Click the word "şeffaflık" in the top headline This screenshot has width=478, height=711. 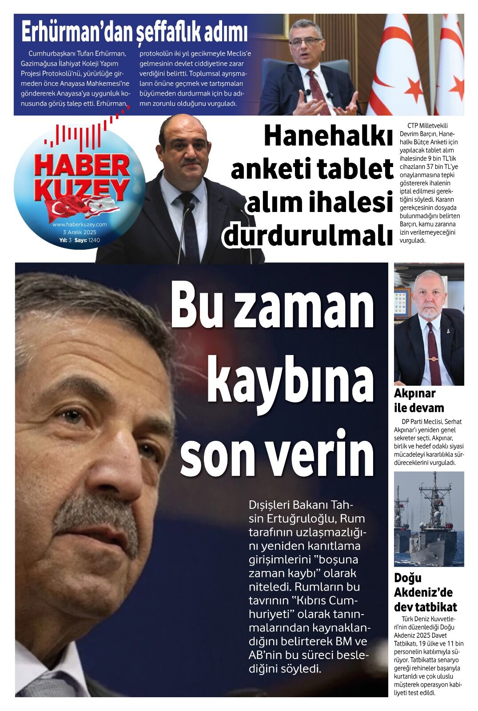(167, 33)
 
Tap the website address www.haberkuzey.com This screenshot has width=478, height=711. (80, 224)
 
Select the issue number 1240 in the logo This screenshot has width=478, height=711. (94, 240)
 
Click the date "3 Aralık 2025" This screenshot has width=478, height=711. (80, 232)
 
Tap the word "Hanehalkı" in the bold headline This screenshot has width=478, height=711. (328, 136)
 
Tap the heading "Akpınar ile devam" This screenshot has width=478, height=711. (418, 400)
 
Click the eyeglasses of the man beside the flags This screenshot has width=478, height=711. (305, 42)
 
